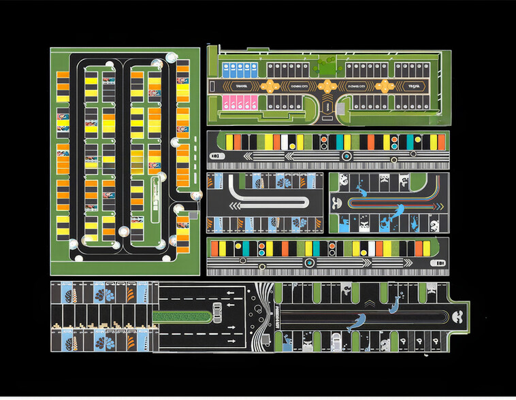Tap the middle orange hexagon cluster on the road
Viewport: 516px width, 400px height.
(328, 86)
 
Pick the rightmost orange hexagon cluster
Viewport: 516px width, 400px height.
(385, 86)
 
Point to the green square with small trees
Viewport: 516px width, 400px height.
(325, 67)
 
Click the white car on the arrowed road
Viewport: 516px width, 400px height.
(217, 312)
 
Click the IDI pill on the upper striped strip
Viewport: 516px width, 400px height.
(216, 157)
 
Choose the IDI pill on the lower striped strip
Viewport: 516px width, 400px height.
(438, 263)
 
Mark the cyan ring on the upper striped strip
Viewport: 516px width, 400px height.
(347, 156)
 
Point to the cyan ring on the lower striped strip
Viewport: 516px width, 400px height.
(310, 262)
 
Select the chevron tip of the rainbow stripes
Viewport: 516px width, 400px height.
(336, 202)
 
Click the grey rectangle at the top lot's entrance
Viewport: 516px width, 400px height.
(328, 108)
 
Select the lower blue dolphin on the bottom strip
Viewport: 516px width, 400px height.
(356, 323)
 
